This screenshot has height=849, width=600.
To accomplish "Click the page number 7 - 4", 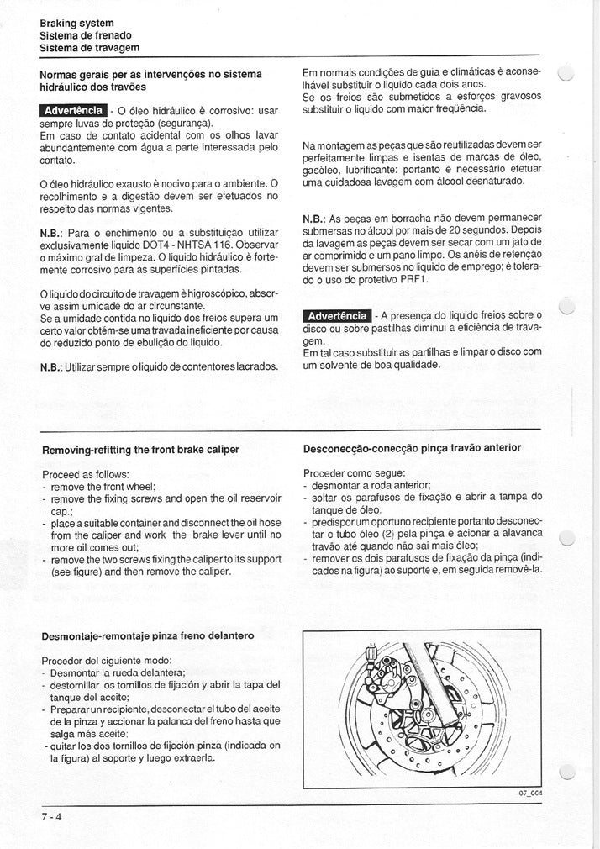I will (51, 815).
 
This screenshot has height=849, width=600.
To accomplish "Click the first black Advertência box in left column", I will (74, 110).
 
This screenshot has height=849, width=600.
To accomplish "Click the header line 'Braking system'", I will (77, 23).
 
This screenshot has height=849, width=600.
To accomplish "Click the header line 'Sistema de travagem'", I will (89, 48).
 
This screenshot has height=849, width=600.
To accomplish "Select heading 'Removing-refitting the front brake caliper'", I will (140, 450).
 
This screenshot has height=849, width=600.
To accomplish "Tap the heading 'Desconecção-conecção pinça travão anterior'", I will (412, 448).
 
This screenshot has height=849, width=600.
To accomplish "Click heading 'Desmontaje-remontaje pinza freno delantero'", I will (147, 635).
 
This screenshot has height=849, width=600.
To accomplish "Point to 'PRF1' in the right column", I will (415, 279).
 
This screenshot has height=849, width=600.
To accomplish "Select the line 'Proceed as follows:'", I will (85, 474).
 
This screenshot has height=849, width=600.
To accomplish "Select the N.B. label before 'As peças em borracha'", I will (313, 219).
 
